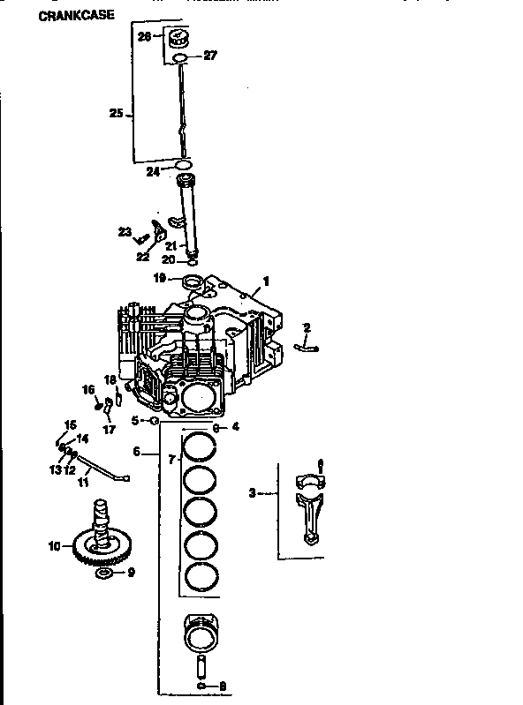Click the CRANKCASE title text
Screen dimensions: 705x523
[x=77, y=15]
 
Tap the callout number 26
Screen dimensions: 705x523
[x=145, y=36]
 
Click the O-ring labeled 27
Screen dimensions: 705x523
[x=180, y=58]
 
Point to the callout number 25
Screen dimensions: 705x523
[x=116, y=113]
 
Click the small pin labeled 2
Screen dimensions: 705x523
[x=306, y=348]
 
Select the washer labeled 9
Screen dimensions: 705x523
[x=102, y=574]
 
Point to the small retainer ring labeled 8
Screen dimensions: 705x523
[x=203, y=685]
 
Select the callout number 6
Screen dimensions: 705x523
[x=137, y=451]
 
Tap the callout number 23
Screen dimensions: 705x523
[x=125, y=232]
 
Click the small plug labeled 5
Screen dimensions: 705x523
[x=155, y=421]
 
